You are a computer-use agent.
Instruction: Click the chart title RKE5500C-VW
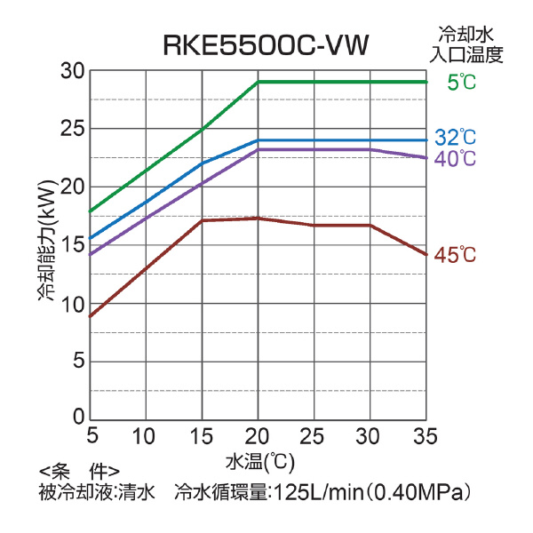click(266, 44)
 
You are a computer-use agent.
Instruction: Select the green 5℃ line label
click(462, 83)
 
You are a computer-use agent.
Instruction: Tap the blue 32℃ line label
click(456, 138)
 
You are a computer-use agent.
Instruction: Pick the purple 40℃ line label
click(456, 159)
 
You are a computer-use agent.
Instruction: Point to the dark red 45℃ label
click(456, 255)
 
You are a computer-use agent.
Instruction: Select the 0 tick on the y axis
click(79, 418)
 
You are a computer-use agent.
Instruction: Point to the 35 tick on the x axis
click(426, 436)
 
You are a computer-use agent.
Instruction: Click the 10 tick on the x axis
click(145, 436)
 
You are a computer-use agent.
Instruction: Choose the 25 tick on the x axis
click(313, 436)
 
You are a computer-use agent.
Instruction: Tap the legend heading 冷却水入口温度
click(466, 45)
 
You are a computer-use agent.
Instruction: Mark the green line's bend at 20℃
click(258, 82)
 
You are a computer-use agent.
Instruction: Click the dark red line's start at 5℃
click(90, 316)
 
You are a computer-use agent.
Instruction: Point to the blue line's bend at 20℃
click(258, 140)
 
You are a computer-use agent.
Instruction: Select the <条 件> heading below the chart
click(79, 471)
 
